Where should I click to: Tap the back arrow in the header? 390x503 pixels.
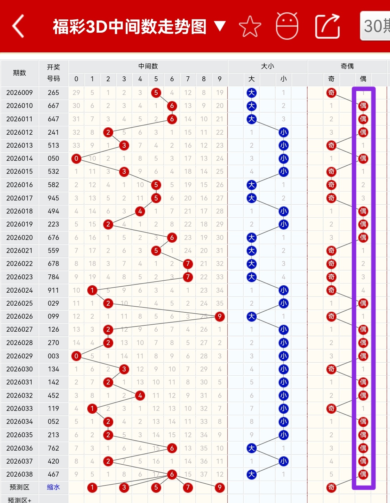pos(18,26)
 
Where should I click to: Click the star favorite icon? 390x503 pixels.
pos(250,27)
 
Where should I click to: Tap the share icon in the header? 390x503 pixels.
pos(327,26)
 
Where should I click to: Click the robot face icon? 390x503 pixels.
pos(287,26)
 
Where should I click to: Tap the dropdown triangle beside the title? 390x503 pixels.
pos(220,26)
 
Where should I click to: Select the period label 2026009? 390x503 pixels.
pos(19,93)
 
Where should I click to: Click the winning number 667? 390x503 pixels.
pos(54,106)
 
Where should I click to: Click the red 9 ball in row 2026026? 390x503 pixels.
pos(220,316)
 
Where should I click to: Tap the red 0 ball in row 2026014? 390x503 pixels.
pos(76,158)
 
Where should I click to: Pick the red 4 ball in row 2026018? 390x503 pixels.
pos(140,211)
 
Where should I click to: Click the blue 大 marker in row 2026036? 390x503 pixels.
pos(251,448)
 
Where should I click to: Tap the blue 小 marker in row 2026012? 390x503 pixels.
pos(283,132)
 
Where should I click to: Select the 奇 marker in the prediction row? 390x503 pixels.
pos(331,487)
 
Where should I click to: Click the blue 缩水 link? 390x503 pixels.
pos(54,487)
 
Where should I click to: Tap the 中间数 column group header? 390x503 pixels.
pos(148,66)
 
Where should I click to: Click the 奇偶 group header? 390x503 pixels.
pos(347,66)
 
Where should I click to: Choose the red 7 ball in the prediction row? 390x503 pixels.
pos(188,487)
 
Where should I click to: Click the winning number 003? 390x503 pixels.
pos(54,356)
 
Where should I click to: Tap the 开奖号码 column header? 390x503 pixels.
pos(54,72)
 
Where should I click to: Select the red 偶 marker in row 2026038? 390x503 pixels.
pos(363,474)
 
